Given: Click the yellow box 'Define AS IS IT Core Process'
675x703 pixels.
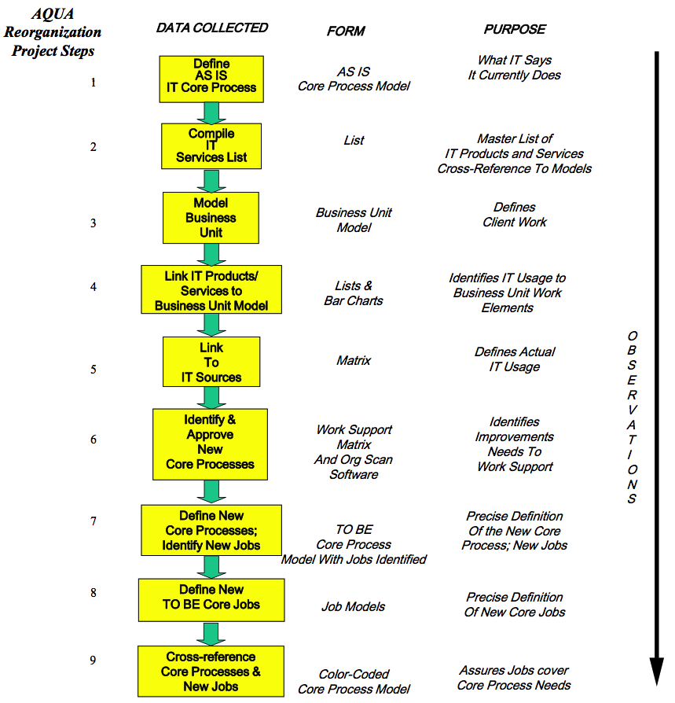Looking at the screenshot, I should [x=211, y=79].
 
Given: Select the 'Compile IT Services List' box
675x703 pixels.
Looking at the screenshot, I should [x=211, y=145].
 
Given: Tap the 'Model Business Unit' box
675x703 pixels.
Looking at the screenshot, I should [x=211, y=218].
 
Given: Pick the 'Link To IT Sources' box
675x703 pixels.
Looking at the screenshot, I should [x=211, y=363].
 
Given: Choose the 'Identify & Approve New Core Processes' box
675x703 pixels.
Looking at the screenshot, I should [x=210, y=444].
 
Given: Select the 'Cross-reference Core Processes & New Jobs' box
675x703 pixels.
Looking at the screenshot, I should [x=211, y=671].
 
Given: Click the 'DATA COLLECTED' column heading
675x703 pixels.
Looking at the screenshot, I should [x=211, y=28].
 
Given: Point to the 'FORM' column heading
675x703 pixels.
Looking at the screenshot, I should [x=346, y=31].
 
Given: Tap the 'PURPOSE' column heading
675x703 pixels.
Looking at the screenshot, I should [x=515, y=29].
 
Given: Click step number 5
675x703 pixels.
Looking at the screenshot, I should [x=94, y=369].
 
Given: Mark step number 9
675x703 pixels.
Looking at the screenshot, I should [x=94, y=661].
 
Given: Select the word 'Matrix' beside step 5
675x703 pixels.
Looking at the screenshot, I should [x=354, y=361].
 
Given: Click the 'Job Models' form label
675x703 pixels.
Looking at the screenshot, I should [x=354, y=606].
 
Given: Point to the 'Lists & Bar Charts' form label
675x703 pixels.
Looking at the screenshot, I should [x=354, y=293].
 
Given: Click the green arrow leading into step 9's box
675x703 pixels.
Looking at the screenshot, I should [x=211, y=634].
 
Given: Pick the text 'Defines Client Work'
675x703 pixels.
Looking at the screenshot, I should [x=515, y=215].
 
